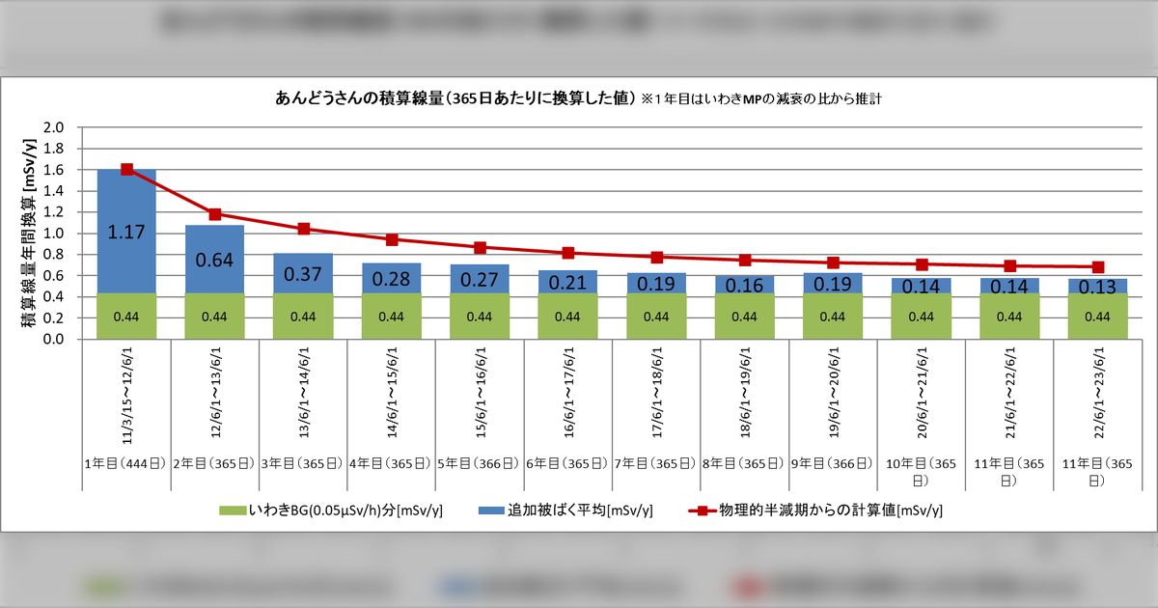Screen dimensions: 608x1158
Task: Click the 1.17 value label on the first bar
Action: pyautogui.click(x=126, y=232)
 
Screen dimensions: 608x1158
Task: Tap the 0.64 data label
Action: pyautogui.click(x=214, y=260)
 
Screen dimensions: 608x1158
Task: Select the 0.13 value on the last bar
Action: pyautogui.click(x=1097, y=287)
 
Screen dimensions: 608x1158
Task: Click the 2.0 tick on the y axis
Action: pyautogui.click(x=55, y=127)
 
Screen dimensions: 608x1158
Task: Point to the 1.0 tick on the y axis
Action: pyautogui.click(x=55, y=234)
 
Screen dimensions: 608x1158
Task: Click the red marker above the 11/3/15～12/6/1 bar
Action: pyautogui.click(x=126, y=169)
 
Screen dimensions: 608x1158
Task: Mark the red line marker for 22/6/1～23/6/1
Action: pyautogui.click(x=1097, y=266)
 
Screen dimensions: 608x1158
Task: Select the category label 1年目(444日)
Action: pyautogui.click(x=126, y=463)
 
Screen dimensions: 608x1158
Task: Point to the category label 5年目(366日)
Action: pyautogui.click(x=480, y=463)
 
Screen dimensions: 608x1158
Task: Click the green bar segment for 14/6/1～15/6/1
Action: pyautogui.click(x=391, y=317)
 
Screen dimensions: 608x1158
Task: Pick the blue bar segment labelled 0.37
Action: pyautogui.click(x=303, y=273)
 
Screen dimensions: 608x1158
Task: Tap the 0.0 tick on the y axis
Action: pyautogui.click(x=55, y=340)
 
